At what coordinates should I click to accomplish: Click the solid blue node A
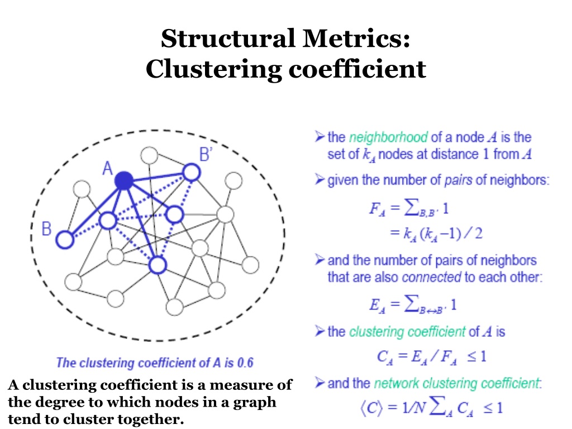123,180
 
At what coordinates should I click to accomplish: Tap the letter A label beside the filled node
108,168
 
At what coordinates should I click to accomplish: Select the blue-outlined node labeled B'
191,172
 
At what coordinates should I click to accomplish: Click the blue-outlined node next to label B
65,240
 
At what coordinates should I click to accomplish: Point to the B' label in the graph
206,154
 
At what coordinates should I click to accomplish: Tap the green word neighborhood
388,137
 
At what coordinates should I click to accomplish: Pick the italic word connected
431,277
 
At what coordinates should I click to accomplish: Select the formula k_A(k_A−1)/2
436,233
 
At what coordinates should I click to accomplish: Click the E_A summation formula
413,305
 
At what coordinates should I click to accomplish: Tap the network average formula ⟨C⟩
431,407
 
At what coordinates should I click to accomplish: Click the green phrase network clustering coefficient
457,384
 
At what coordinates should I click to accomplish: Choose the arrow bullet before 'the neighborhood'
320,137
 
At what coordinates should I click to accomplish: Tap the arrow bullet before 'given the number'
320,180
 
